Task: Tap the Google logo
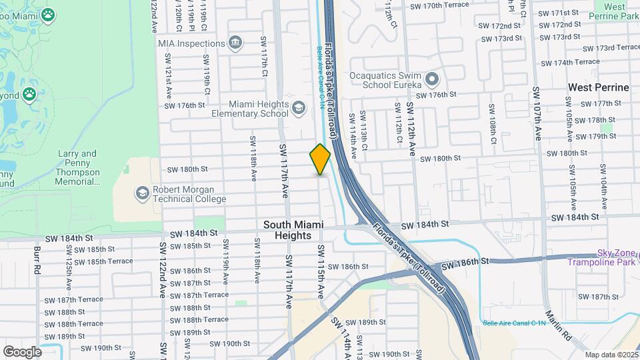(x=22, y=351)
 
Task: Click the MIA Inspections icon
(x=235, y=43)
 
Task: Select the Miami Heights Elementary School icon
(x=299, y=107)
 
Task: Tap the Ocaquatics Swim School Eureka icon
(x=432, y=81)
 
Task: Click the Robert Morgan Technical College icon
(x=141, y=193)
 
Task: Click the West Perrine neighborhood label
(x=598, y=87)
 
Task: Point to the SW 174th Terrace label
(x=570, y=62)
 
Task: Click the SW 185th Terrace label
(x=103, y=261)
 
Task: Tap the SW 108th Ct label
(x=493, y=123)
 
